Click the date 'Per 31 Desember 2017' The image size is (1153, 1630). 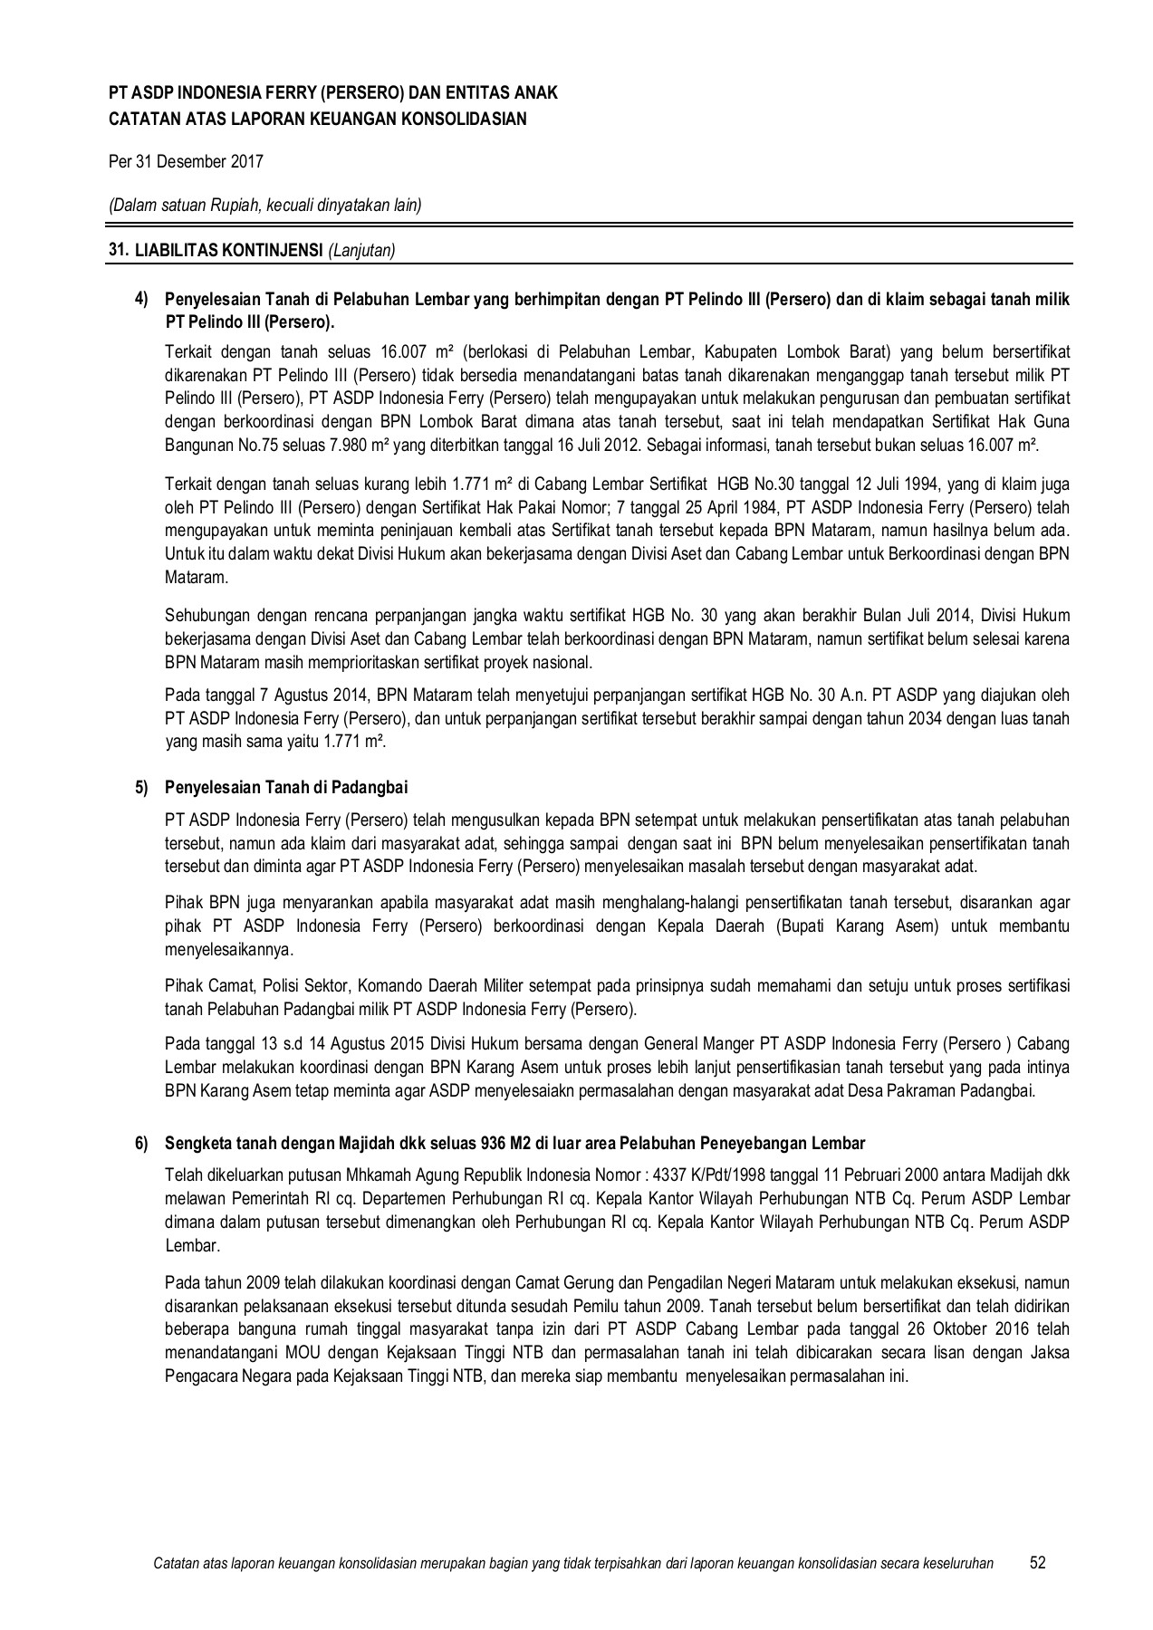pyautogui.click(x=186, y=162)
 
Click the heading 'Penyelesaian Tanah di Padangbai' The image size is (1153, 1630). pyautogui.click(x=292, y=788)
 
